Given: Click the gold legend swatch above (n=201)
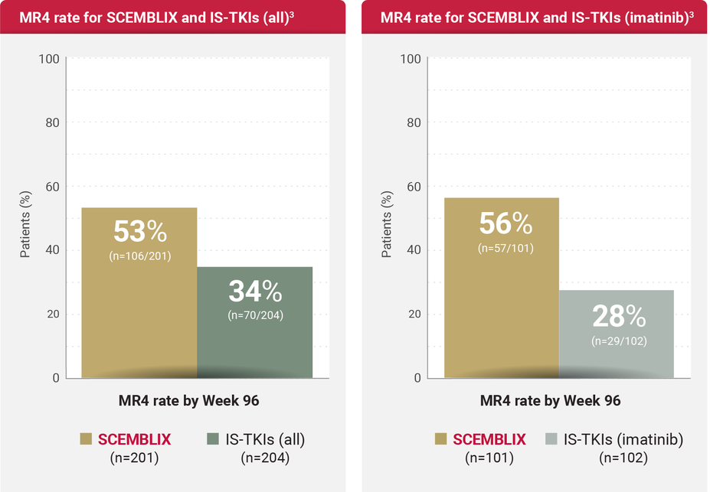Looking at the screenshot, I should pos(86,439).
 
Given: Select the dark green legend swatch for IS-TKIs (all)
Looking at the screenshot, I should pos(214,439).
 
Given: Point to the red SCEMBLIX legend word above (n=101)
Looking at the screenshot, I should pos(489,439).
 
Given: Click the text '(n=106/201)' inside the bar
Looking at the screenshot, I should pos(139,256).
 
